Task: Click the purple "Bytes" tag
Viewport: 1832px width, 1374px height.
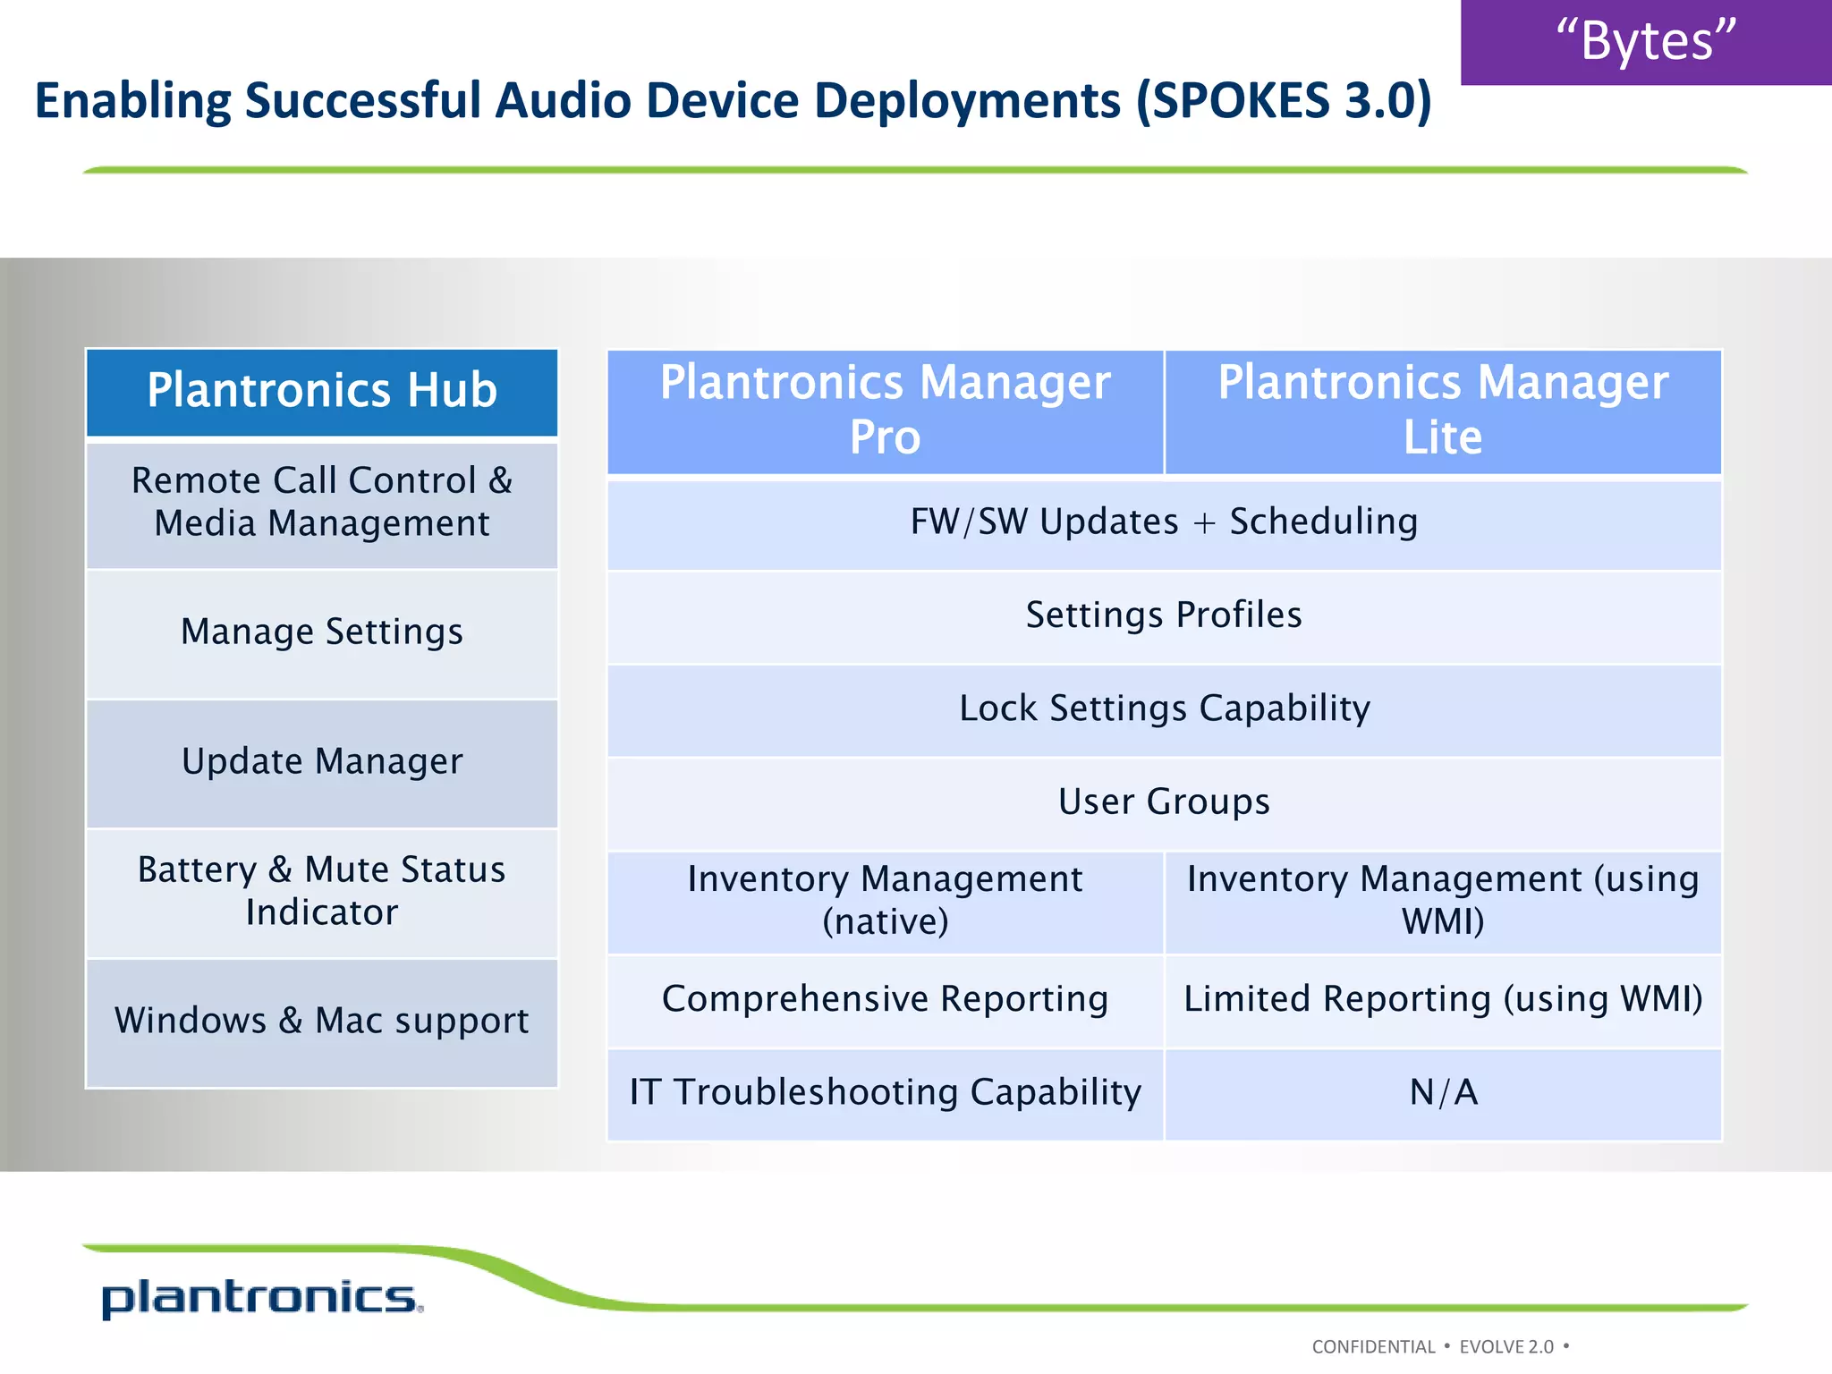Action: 1646,41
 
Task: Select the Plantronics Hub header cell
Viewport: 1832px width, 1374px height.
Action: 322,392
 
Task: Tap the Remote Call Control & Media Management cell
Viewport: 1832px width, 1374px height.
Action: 322,503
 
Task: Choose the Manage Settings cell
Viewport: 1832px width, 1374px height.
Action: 322,632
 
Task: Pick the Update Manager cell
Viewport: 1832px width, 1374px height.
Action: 322,762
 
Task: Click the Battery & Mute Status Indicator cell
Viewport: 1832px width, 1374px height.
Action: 322,891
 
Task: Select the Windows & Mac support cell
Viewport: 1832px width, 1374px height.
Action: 322,1021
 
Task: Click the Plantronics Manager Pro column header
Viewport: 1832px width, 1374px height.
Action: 885,411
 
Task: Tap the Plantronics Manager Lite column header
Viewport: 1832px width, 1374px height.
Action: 1443,411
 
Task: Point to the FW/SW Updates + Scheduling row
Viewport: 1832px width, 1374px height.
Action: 1164,523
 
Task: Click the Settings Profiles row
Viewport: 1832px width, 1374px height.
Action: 1164,616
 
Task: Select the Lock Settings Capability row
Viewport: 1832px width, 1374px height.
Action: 1164,709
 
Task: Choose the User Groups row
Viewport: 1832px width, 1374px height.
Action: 1164,802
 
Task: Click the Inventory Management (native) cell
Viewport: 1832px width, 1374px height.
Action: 885,901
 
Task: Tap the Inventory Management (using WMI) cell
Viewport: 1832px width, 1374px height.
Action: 1443,901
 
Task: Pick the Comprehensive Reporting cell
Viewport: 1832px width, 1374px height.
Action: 885,999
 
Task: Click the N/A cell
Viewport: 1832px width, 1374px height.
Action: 1443,1093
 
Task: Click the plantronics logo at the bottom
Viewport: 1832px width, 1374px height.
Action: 261,1298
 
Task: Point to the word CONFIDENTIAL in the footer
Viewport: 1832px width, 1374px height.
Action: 1373,1347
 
